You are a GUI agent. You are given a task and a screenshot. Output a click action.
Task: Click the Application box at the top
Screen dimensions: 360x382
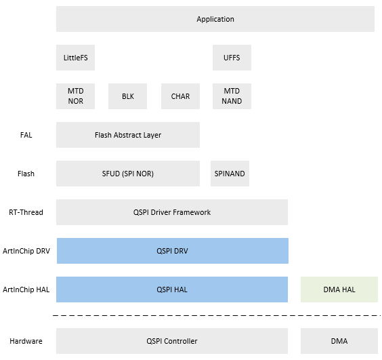tap(215, 19)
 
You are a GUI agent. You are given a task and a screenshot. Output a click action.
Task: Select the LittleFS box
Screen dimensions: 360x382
tap(75, 58)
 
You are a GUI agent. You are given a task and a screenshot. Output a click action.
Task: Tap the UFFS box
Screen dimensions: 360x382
tap(232, 58)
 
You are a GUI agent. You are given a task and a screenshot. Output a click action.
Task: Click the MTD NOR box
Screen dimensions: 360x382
tap(75, 96)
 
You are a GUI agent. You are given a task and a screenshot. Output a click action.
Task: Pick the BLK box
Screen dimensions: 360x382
tap(128, 96)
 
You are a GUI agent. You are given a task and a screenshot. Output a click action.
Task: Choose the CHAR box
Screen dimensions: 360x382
tap(180, 96)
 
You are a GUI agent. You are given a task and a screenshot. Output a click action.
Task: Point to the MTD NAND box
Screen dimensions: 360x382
tap(232, 96)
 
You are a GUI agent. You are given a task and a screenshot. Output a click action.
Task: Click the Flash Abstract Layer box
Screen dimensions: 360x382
tap(128, 135)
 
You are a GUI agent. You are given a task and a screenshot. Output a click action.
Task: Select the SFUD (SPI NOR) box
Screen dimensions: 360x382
tap(128, 174)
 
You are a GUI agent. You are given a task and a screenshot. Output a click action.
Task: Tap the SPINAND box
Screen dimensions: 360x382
tap(230, 174)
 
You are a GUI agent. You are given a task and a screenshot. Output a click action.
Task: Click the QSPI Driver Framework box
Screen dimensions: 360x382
tap(172, 212)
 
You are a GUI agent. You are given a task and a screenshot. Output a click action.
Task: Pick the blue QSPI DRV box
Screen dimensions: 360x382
tap(172, 251)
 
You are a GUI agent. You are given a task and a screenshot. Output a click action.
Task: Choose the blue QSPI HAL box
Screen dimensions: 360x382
tap(172, 289)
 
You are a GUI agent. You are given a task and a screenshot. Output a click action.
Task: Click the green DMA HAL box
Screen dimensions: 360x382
tap(339, 289)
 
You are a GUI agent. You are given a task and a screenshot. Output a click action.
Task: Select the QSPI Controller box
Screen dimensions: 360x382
tap(172, 341)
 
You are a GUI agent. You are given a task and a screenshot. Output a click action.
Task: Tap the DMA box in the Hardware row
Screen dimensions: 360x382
tap(339, 341)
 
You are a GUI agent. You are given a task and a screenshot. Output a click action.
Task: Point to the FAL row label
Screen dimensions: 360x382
tap(26, 135)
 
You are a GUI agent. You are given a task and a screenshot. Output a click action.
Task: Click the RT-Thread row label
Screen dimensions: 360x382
tap(26, 212)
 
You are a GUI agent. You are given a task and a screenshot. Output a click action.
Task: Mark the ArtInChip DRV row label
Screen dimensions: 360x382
tap(26, 251)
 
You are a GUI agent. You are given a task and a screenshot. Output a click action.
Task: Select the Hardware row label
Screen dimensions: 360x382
tap(26, 341)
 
